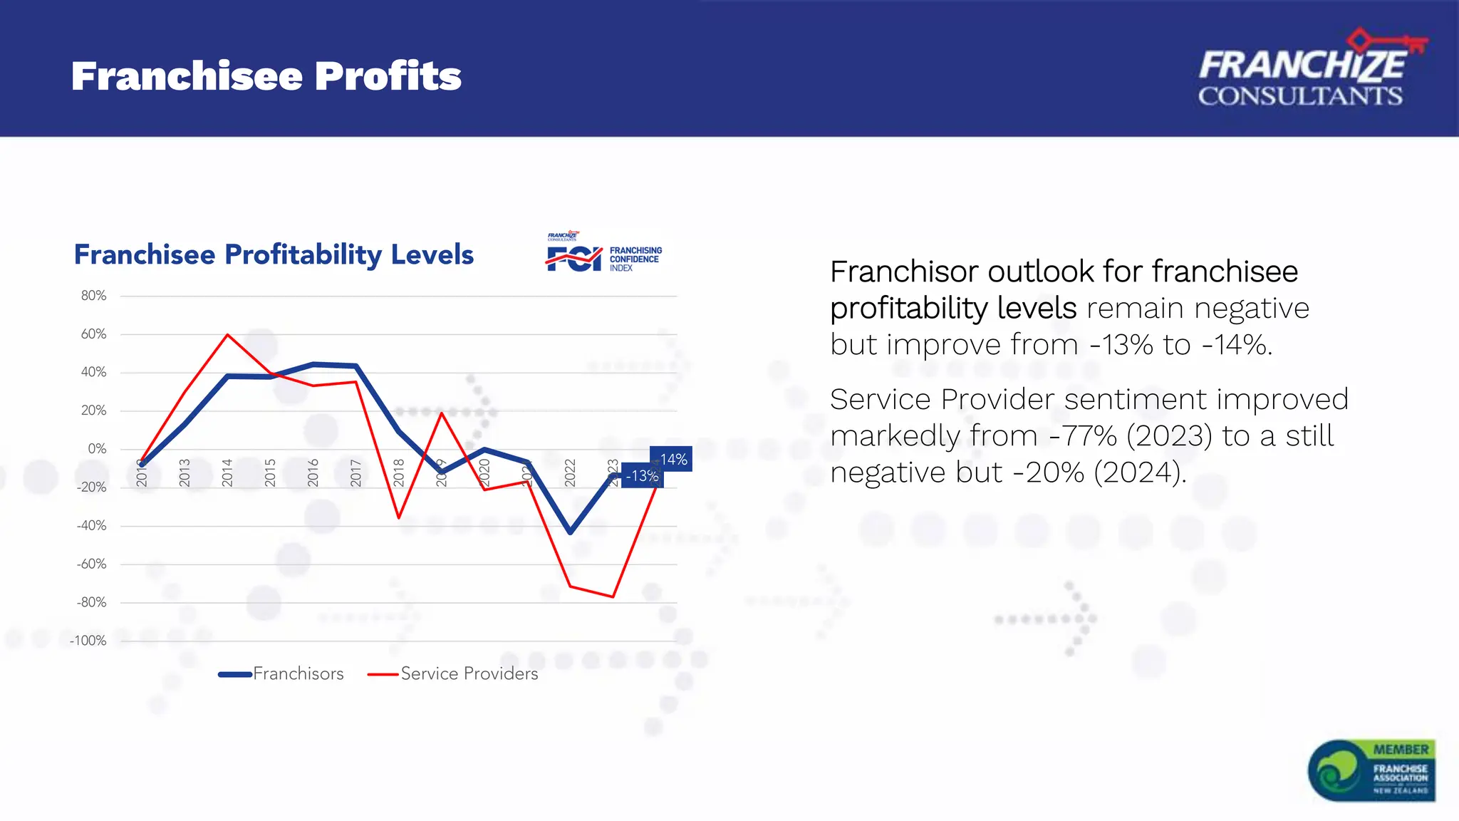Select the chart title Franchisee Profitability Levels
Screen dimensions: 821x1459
274,254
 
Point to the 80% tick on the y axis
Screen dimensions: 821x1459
93,296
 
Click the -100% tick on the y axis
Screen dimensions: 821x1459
88,641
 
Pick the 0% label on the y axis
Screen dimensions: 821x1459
97,449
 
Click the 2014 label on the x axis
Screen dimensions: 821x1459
227,473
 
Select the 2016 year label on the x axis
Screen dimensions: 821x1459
313,473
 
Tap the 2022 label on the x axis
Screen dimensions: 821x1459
570,473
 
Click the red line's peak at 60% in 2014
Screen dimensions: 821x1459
227,334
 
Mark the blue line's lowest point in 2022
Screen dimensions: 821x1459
570,532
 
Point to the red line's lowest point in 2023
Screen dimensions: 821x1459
613,597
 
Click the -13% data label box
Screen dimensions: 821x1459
642,476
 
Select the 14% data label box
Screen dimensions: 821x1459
672,460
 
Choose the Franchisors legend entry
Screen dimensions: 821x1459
282,673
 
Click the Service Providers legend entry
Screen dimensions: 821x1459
454,673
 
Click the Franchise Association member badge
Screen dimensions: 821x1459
1372,770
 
